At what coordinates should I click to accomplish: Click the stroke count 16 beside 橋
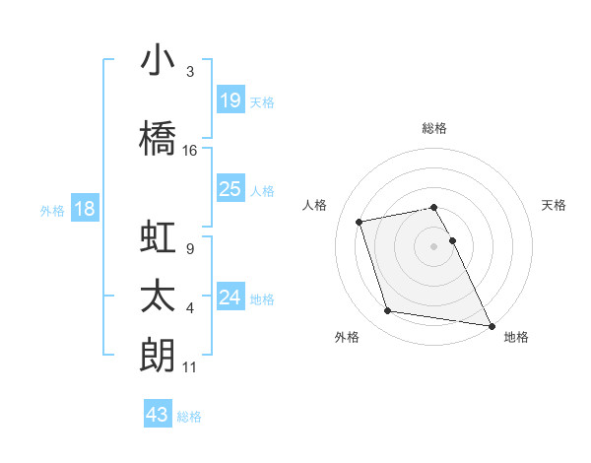click(190, 151)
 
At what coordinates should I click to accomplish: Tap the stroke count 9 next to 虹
click(189, 249)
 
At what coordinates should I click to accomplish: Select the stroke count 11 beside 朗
click(190, 367)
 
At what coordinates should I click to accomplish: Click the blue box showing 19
click(230, 100)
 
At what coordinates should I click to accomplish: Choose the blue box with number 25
click(230, 189)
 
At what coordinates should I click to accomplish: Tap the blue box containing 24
click(230, 298)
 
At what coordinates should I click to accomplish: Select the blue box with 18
click(85, 210)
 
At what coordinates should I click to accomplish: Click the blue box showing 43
click(158, 415)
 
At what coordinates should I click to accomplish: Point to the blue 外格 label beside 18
click(52, 211)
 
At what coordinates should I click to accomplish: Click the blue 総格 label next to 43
click(189, 417)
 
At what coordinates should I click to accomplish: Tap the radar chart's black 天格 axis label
click(555, 205)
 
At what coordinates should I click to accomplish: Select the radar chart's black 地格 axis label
click(516, 337)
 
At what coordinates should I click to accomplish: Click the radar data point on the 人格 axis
click(360, 221)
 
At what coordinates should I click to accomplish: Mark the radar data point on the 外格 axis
click(388, 311)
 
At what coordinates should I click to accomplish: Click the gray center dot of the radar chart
click(434, 246)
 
